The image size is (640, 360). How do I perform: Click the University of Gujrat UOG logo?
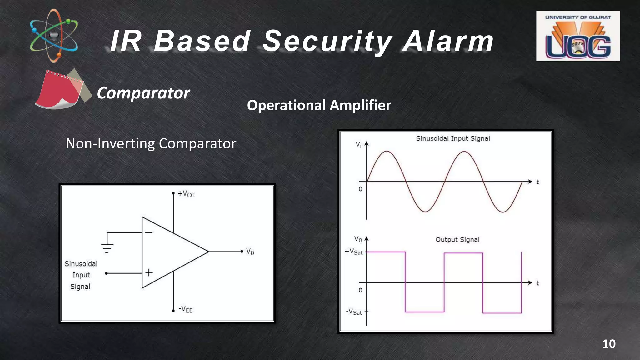point(578,36)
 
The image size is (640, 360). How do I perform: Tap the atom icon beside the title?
point(54,35)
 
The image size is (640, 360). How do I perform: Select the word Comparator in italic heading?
point(143,93)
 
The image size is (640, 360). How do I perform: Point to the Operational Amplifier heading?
point(319,105)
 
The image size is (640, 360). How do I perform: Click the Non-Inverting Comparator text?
point(151,143)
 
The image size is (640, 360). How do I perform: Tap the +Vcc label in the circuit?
point(186,194)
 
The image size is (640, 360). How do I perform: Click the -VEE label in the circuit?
point(185,309)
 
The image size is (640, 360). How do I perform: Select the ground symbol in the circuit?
point(107,248)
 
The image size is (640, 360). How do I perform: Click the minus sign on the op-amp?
point(149,232)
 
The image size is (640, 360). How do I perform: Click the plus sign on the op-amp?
point(149,272)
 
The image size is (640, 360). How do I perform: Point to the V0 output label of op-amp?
point(250,252)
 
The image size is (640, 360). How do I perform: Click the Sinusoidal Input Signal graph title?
point(453,138)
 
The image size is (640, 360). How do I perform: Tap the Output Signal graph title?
point(457,240)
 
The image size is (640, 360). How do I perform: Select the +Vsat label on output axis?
point(354,252)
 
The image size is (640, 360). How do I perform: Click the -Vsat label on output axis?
point(354,312)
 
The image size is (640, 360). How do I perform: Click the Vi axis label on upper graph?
point(358,144)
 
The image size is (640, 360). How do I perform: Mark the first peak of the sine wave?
point(387,152)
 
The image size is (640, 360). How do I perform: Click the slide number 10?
point(609,344)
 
